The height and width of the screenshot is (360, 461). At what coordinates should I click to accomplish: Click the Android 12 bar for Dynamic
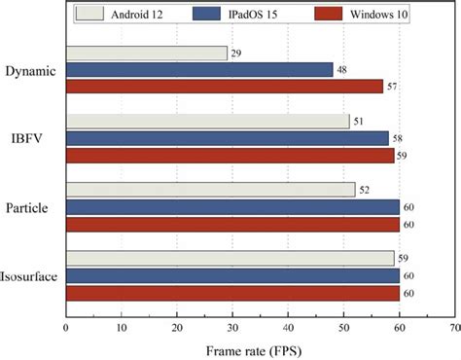146,54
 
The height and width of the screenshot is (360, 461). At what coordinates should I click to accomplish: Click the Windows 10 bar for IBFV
230,155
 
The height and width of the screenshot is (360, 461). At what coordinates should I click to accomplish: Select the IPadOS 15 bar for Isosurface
232,274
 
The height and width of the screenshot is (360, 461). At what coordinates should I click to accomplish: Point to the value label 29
236,54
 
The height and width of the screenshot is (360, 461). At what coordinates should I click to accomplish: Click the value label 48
342,70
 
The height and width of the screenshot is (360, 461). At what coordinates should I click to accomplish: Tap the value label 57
392,87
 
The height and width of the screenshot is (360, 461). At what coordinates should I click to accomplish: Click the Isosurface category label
30,274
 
